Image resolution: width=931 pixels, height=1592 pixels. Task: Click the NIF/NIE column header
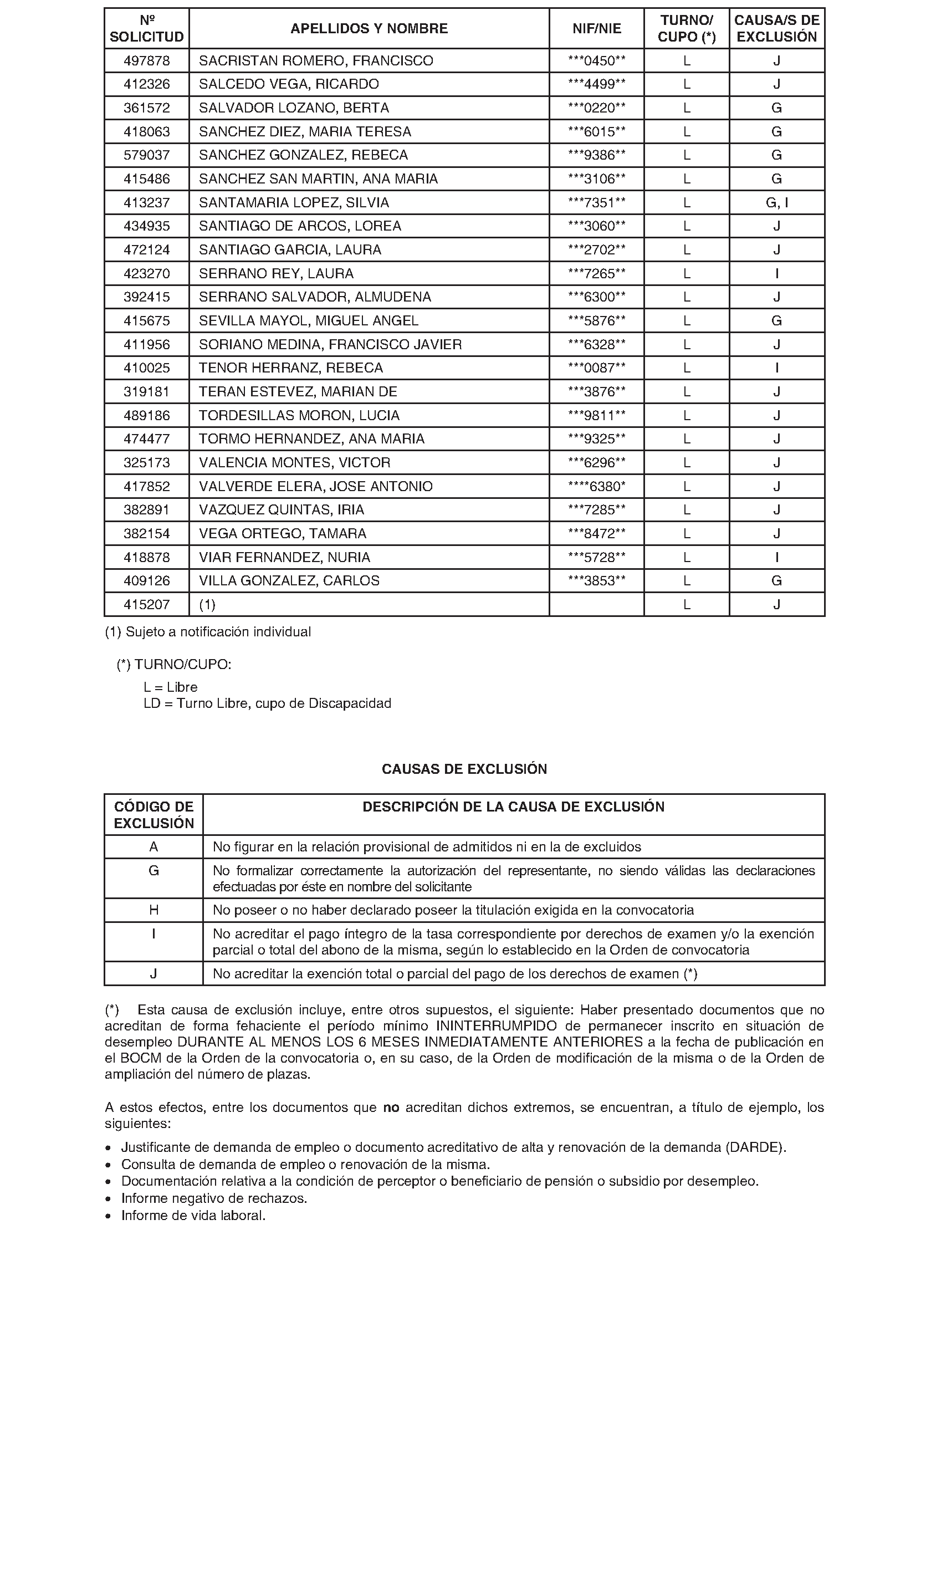tap(596, 28)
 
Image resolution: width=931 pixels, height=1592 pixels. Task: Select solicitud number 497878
tap(146, 60)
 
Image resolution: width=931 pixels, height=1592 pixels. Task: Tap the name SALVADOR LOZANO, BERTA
tap(294, 108)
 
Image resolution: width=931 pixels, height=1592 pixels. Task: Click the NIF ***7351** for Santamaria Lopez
tap(596, 203)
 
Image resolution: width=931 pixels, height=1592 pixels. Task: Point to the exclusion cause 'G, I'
tap(776, 203)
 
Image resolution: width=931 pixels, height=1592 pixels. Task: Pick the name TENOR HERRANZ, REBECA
tap(290, 368)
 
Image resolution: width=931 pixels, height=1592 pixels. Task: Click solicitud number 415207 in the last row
tap(146, 605)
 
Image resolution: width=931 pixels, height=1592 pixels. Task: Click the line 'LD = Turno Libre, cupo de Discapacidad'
tap(267, 703)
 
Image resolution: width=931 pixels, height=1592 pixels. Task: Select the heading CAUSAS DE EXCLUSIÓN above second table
tap(464, 769)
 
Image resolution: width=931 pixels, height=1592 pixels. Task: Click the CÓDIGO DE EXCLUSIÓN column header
tap(154, 815)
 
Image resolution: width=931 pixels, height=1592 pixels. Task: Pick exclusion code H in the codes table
tap(154, 910)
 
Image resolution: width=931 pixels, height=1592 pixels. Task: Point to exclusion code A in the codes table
tap(154, 846)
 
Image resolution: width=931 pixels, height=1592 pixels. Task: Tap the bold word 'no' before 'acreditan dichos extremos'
tap(391, 1108)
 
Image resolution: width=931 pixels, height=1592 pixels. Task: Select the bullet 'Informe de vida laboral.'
tap(193, 1216)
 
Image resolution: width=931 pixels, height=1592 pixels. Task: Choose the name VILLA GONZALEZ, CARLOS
tap(289, 580)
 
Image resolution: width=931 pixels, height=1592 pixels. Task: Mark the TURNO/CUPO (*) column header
tap(687, 28)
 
